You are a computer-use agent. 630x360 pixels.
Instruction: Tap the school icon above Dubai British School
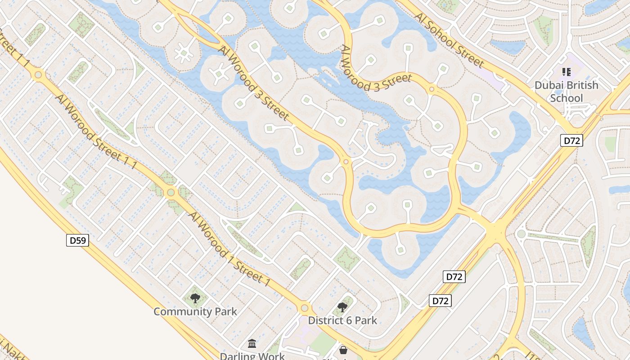(566, 72)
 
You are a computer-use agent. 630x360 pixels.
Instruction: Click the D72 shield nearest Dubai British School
(571, 140)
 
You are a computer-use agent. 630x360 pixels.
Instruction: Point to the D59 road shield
(78, 240)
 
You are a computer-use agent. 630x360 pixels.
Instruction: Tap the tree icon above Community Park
(195, 298)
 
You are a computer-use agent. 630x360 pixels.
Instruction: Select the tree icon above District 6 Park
(342, 307)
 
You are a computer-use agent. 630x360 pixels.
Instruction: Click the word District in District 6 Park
(325, 320)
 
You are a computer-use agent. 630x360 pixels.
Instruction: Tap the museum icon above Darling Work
(252, 344)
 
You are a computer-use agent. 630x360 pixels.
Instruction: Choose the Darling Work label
(252, 356)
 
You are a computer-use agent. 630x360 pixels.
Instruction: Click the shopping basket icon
(343, 350)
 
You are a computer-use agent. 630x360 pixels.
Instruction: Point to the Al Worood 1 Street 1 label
(229, 249)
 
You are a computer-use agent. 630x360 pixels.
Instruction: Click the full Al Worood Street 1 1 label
(95, 132)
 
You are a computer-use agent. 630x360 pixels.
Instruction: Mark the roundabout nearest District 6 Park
(305, 308)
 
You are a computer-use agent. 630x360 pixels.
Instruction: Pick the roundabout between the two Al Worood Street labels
(171, 193)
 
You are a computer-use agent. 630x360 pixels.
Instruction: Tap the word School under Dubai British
(566, 98)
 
